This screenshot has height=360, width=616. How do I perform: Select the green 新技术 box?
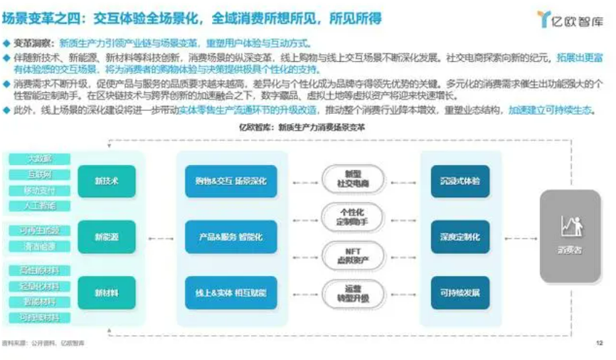[106, 181]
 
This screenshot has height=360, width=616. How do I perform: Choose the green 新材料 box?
[106, 292]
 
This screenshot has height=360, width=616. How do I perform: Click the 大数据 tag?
[39, 159]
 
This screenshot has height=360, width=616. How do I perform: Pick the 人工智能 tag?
[39, 206]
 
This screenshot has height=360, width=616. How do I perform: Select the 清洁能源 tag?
[39, 246]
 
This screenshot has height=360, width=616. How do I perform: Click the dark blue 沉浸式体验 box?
[460, 181]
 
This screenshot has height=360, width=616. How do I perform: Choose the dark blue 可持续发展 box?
[460, 292]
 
